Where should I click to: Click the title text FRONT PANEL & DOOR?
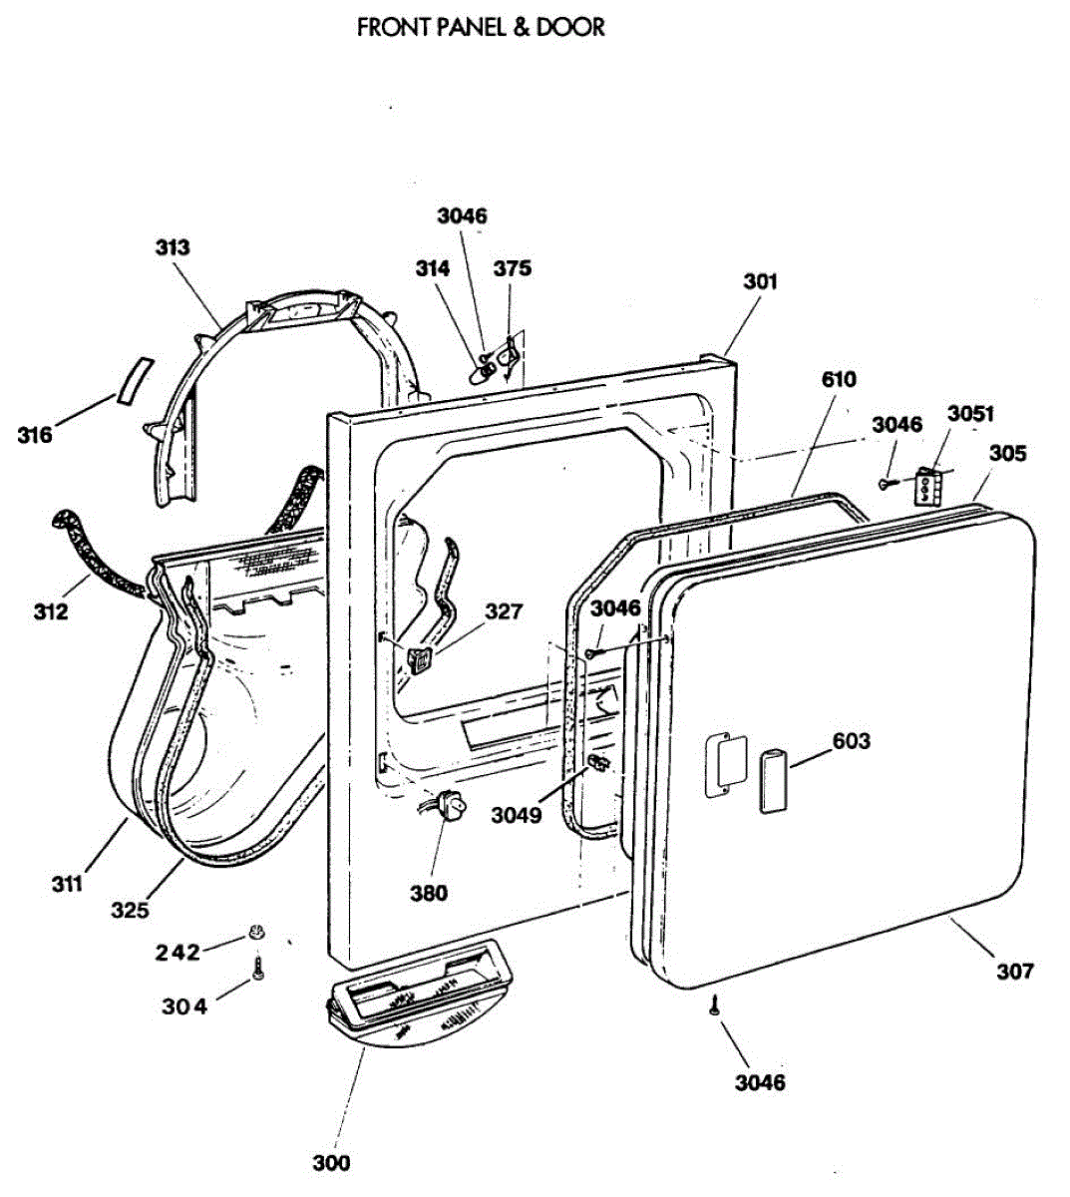[481, 27]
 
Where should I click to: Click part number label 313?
[173, 247]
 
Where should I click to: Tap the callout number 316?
[35, 435]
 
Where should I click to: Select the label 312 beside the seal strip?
[51, 610]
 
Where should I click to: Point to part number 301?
[760, 281]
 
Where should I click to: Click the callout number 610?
[839, 379]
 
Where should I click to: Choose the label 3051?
[970, 413]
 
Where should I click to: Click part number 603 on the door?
[851, 741]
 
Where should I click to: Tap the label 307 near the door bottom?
[1015, 970]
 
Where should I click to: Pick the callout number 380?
[429, 893]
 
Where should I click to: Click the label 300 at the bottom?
[331, 1162]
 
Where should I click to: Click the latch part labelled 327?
[420, 659]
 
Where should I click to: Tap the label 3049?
[516, 815]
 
